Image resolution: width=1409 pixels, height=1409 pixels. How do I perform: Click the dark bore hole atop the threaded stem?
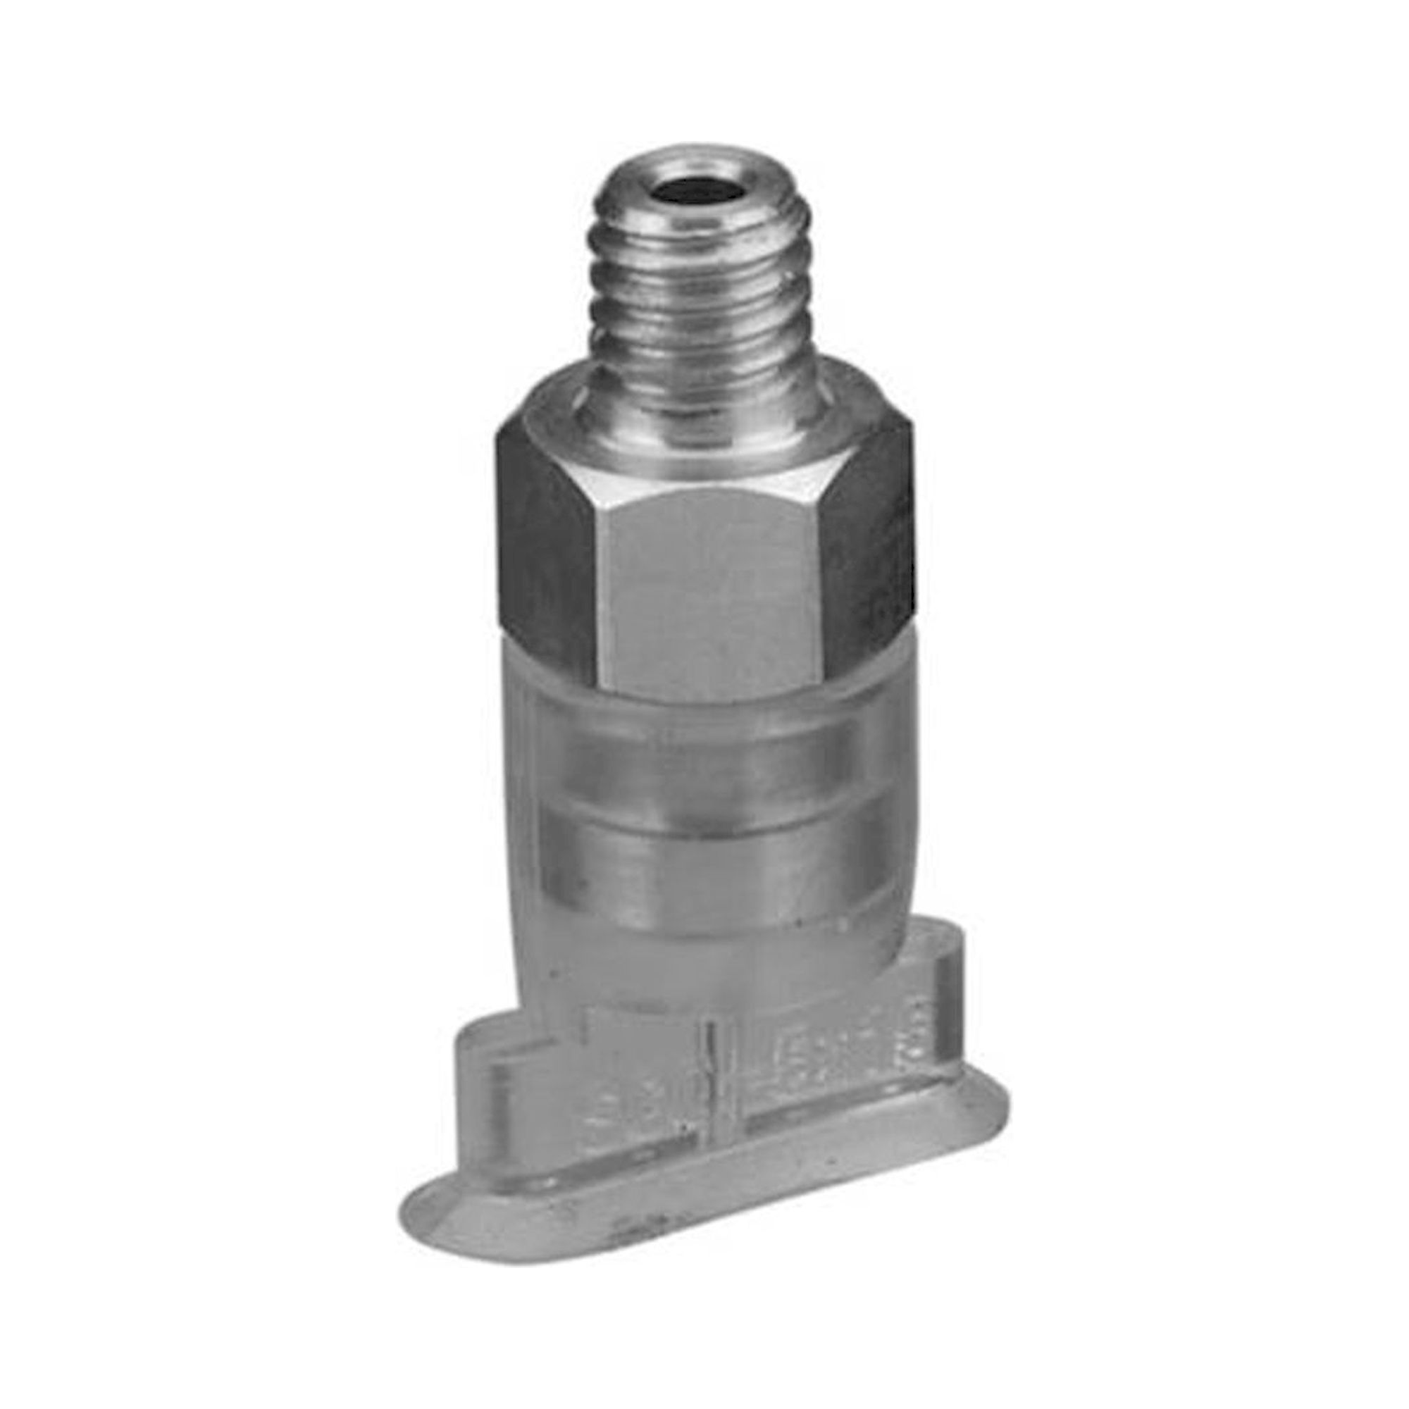[x=693, y=192]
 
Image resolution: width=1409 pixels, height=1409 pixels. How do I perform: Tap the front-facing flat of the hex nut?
[x=711, y=583]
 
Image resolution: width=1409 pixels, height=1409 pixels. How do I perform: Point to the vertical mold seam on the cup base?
[x=710, y=1079]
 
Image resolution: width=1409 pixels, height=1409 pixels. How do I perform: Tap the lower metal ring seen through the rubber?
[x=714, y=868]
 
